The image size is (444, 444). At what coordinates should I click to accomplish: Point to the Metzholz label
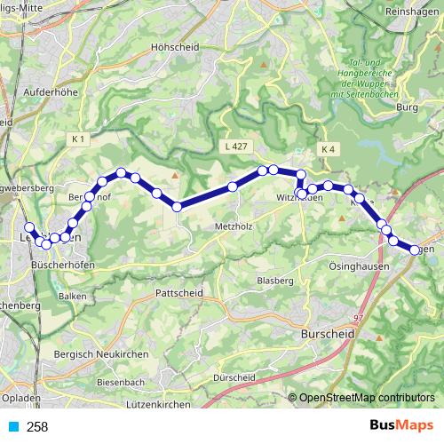(x=234, y=226)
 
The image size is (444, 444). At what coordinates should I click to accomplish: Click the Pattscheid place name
(x=178, y=291)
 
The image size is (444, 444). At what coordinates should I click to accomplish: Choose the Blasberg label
(x=275, y=281)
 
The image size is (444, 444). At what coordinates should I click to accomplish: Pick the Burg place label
(x=407, y=107)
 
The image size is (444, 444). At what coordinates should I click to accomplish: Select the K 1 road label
(x=79, y=139)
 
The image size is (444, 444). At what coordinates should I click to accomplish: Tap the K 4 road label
(x=328, y=148)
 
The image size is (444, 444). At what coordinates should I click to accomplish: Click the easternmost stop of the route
(x=416, y=250)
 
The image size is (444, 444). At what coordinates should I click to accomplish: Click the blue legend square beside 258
(x=12, y=426)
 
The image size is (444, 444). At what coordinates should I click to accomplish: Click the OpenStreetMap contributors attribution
(x=366, y=398)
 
